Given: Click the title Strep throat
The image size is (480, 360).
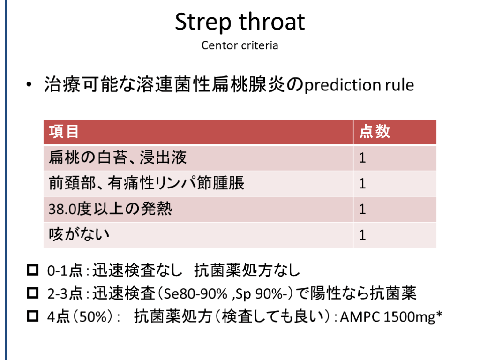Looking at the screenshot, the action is [x=240, y=22].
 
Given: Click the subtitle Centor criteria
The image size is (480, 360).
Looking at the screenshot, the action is [x=240, y=45].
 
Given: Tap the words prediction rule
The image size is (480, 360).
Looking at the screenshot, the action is [x=359, y=85].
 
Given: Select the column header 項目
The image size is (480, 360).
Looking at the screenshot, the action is [x=64, y=132].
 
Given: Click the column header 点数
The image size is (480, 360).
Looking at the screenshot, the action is [x=375, y=132].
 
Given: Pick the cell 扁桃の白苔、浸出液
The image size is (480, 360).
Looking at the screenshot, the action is [x=118, y=157].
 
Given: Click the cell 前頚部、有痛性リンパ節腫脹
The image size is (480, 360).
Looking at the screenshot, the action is [x=146, y=183].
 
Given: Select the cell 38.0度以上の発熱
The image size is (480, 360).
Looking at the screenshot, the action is [x=110, y=209].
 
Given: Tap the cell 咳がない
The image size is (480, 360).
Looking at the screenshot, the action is [x=79, y=234].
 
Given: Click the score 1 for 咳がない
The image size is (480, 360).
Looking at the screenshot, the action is [x=362, y=235].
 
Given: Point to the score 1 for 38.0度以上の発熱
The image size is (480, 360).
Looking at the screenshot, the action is [x=362, y=210].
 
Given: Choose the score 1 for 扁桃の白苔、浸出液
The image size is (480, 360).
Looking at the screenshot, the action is [x=362, y=158].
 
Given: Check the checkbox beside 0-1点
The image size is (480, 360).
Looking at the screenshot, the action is [x=33, y=270].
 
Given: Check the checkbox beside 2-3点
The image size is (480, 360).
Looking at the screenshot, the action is [x=33, y=292].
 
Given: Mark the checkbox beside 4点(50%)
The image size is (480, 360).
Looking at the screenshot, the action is [x=33, y=316].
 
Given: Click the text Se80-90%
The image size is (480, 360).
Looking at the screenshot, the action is [x=195, y=293].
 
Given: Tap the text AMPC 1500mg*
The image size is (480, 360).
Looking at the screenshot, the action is [x=391, y=317].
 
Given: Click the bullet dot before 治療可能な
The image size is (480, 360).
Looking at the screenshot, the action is [x=29, y=84].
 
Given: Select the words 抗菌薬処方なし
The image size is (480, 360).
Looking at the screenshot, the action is [x=247, y=270].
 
